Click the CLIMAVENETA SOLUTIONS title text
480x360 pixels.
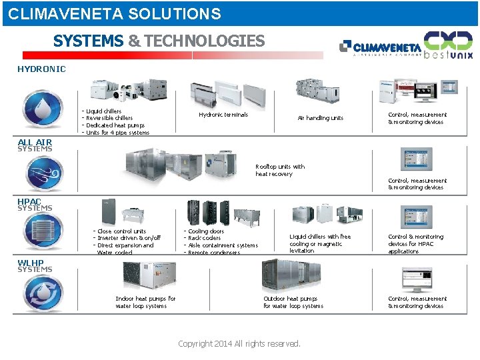pos(115,13)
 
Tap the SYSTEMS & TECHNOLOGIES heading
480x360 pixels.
pos(159,41)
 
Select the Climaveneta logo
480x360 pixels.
pos(380,47)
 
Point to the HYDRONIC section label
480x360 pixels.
pos(41,69)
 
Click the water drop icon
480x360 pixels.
pos(43,109)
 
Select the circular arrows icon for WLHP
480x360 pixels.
pos(43,294)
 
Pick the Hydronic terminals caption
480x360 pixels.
pos(223,115)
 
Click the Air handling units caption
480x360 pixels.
pos(321,118)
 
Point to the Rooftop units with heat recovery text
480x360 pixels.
pos(280,170)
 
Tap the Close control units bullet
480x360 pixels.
pos(121,231)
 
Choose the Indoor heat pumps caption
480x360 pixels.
pos(145,303)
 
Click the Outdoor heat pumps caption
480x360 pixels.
pos(293,303)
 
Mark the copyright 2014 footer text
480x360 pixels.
pos(239,344)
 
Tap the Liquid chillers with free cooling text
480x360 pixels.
pos(320,243)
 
